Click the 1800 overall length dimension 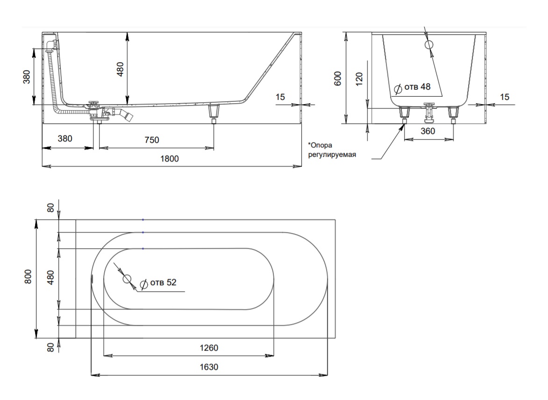pyautogui.click(x=170, y=159)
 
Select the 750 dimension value pyautogui.click(x=152, y=140)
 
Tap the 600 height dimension pyautogui.click(x=338, y=78)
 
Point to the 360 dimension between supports pyautogui.click(x=428, y=131)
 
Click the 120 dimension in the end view pyautogui.click(x=359, y=79)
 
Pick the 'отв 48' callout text pyautogui.click(x=417, y=86)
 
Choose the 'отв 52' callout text pyautogui.click(x=163, y=282)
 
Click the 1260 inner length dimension pyautogui.click(x=209, y=348)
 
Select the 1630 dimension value pyautogui.click(x=209, y=367)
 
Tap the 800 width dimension pyautogui.click(x=28, y=276)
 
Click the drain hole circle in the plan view pyautogui.click(x=127, y=279)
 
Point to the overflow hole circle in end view pyautogui.click(x=429, y=45)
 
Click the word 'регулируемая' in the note pyautogui.click(x=332, y=154)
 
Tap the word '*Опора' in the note pyautogui.click(x=320, y=145)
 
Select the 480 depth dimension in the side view pyautogui.click(x=120, y=69)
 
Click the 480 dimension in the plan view pyautogui.click(x=50, y=278)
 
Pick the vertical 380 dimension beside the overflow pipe pyautogui.click(x=27, y=77)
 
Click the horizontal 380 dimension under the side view pyautogui.click(x=65, y=139)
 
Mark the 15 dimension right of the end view pyautogui.click(x=505, y=97)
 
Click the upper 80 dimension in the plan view pyautogui.click(x=50, y=208)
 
